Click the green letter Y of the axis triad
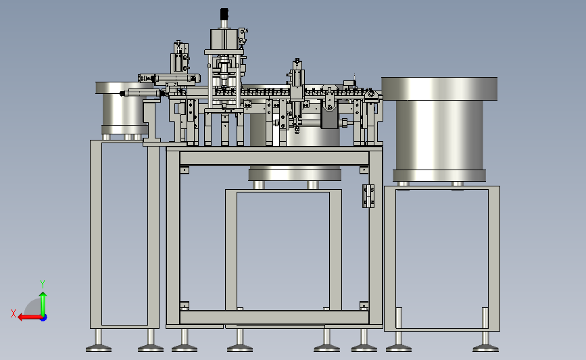43,284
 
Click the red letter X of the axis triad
14,313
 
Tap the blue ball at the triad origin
43,317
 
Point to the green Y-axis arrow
43,304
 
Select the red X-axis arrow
30,317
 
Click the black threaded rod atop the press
224,14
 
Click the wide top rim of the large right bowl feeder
439,88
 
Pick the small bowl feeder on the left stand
123,108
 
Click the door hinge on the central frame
368,196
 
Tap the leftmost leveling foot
99,349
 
